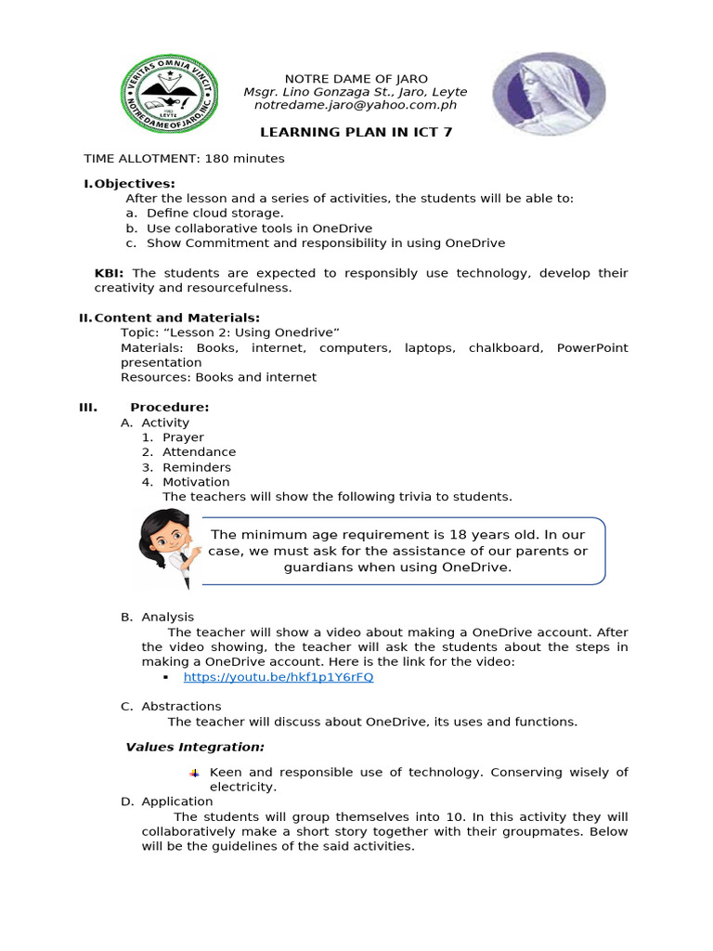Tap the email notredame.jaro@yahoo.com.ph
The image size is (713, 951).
click(x=356, y=106)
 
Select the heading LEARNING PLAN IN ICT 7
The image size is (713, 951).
click(x=356, y=132)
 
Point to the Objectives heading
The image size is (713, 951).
click(x=135, y=183)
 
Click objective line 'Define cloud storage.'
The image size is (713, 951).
click(x=214, y=213)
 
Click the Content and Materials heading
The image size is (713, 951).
click(x=176, y=318)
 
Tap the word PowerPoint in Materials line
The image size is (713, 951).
click(x=591, y=347)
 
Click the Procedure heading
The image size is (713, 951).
click(x=169, y=407)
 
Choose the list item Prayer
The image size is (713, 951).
click(x=183, y=436)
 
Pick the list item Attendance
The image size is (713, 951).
click(x=199, y=451)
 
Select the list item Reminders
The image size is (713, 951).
click(x=196, y=467)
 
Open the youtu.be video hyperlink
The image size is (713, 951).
click(x=279, y=677)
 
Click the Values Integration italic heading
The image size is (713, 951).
click(x=195, y=747)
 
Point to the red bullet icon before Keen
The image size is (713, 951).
click(x=194, y=773)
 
